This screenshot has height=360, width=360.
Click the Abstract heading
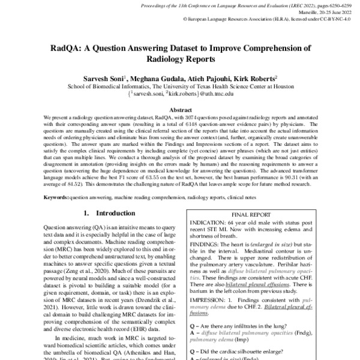point(179,110)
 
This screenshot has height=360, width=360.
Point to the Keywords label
point(56,196)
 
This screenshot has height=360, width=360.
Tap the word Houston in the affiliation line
point(278,86)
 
